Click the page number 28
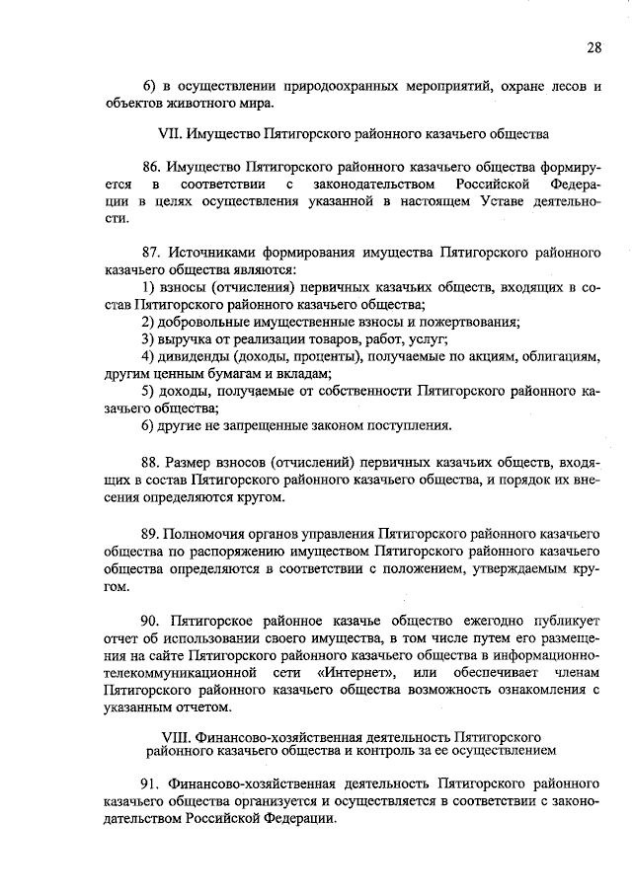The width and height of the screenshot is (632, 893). (592, 45)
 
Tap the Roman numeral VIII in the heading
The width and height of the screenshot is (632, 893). (175, 736)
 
